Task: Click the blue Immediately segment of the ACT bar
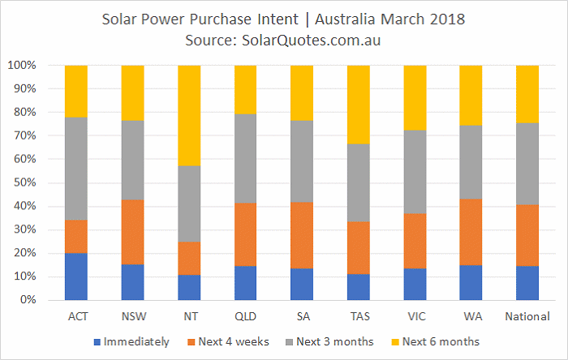[76, 276]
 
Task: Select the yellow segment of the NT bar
[189, 116]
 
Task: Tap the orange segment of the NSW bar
[132, 232]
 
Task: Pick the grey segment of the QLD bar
[246, 159]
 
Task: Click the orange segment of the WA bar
[471, 232]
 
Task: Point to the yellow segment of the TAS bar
[359, 105]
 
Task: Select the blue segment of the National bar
[527, 283]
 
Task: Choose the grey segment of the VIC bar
[415, 172]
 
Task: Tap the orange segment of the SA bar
[302, 235]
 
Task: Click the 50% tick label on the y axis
[25, 182]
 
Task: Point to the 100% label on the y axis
[22, 65]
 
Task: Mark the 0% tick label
[28, 299]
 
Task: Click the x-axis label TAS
[360, 316]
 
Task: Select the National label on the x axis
[527, 316]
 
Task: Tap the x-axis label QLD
[246, 316]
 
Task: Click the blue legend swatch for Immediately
[97, 342]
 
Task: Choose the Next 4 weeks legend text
[234, 341]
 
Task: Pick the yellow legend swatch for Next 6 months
[396, 342]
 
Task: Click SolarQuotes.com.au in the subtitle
[311, 41]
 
